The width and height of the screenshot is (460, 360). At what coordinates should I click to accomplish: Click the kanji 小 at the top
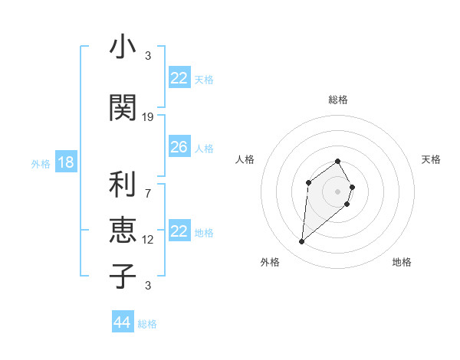pos(123,47)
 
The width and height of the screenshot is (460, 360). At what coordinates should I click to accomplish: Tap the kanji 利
pos(123,185)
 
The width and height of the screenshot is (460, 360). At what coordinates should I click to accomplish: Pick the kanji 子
pos(123,275)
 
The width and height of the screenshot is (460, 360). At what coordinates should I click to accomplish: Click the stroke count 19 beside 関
pos(148,117)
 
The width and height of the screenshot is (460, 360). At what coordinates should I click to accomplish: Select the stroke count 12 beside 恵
pos(148,240)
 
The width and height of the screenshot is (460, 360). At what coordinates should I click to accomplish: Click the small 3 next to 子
pos(148,286)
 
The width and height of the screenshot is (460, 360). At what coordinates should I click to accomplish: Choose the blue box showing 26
pos(179,147)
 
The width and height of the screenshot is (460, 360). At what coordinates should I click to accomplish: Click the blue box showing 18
pos(65,162)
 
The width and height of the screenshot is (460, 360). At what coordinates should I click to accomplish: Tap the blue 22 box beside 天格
pos(179,78)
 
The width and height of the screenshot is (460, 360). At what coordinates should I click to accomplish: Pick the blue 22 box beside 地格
pos(179,231)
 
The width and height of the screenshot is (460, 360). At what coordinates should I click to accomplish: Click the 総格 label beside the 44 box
pos(147,324)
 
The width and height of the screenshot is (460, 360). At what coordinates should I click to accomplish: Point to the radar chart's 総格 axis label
pos(338,100)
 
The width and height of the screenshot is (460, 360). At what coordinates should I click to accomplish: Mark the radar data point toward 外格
pos(301,242)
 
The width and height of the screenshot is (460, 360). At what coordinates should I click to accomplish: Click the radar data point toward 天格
pos(352,187)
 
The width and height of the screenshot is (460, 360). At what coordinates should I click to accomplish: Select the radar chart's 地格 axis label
pos(402,262)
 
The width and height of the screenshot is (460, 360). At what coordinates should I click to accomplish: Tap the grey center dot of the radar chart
pos(338,191)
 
